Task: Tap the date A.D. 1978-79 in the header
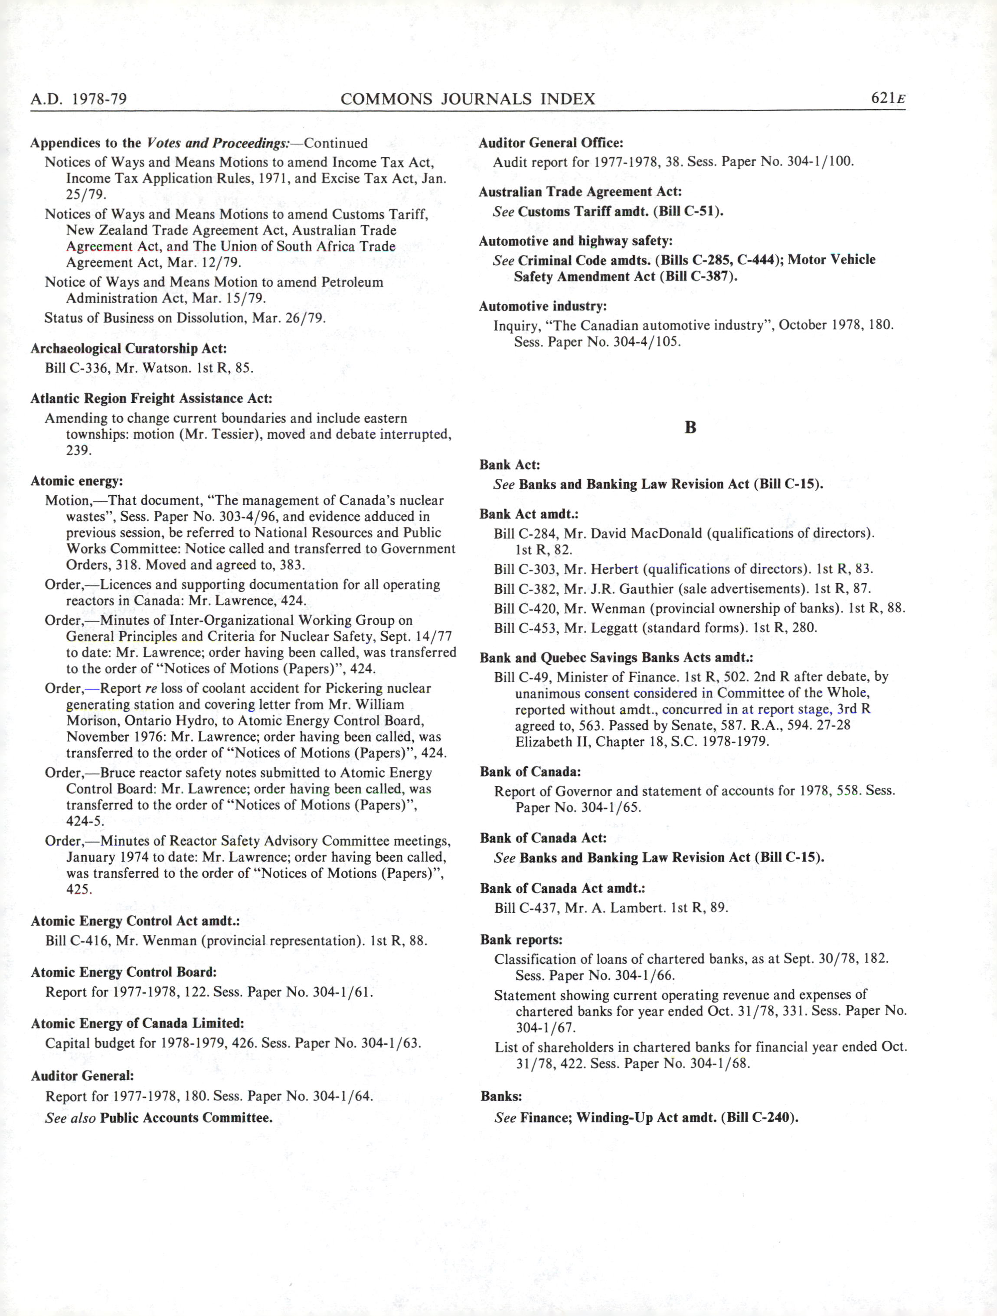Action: click(x=78, y=99)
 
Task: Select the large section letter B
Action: click(x=690, y=427)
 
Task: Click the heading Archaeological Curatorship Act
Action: click(x=128, y=348)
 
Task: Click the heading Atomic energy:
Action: click(x=77, y=481)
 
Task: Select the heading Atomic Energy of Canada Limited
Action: click(x=137, y=1023)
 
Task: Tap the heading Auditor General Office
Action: click(x=551, y=143)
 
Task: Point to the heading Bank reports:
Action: click(x=521, y=940)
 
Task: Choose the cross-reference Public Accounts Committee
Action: click(x=186, y=1118)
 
